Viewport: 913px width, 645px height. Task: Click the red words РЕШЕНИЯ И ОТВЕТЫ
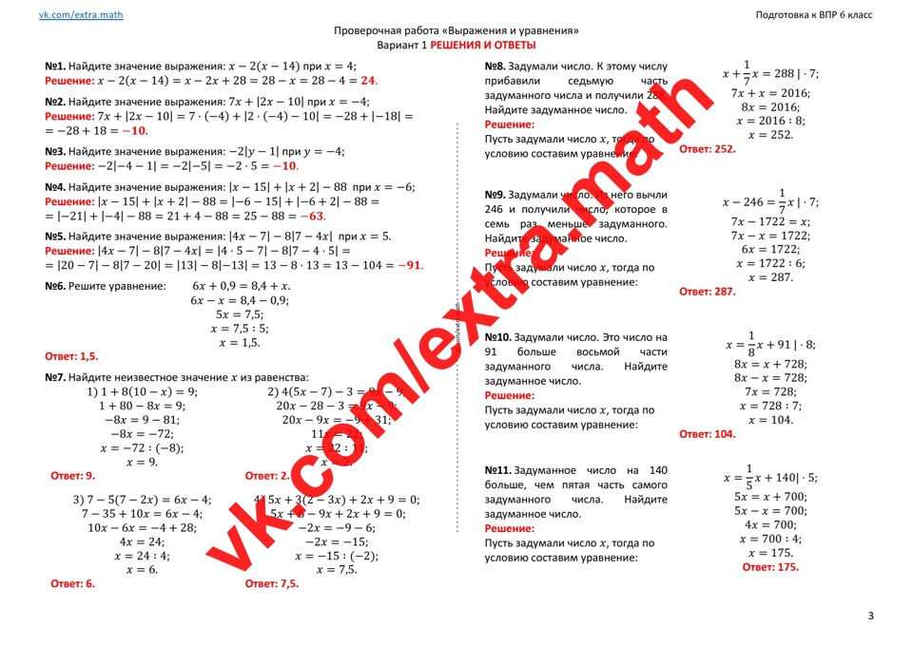click(483, 46)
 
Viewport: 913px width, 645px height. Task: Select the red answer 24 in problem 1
click(368, 82)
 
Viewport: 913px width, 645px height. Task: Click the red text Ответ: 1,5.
click(72, 357)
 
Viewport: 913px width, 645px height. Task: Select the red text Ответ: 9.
click(72, 476)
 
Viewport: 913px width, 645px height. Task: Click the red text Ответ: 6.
click(72, 584)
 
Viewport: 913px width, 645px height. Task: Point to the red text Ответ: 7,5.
click(271, 584)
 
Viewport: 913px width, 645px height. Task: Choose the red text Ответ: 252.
click(708, 150)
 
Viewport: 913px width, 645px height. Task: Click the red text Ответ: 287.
click(708, 293)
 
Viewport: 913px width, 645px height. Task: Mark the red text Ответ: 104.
click(708, 434)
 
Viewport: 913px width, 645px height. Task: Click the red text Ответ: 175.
click(770, 567)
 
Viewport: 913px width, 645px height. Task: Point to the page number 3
click(870, 617)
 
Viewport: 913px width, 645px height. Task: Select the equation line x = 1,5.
click(240, 342)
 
